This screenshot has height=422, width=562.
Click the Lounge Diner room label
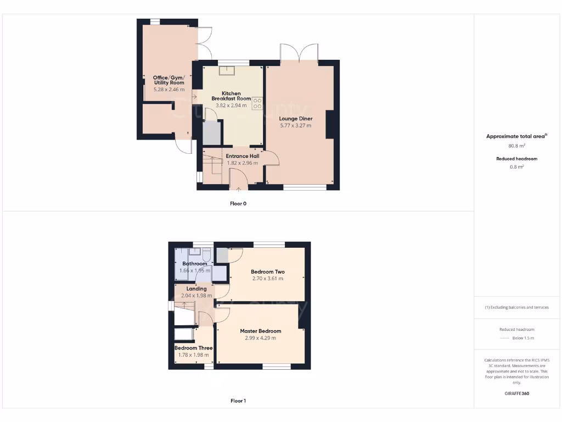click(296, 119)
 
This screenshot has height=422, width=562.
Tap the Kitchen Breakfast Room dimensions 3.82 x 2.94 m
click(231, 105)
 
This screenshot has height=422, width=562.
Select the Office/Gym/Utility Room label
click(169, 80)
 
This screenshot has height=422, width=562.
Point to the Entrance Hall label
click(243, 156)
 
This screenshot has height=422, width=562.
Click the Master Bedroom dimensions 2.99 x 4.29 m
click(260, 338)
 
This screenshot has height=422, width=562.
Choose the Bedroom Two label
click(268, 271)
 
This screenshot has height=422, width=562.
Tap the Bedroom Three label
click(193, 348)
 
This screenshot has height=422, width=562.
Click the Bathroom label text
click(195, 264)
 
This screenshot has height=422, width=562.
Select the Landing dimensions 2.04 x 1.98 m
click(196, 296)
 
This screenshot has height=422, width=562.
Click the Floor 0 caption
click(238, 203)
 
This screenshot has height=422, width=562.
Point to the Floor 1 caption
click(238, 401)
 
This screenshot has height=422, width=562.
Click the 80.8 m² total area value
click(517, 146)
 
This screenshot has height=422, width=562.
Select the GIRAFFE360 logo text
click(517, 393)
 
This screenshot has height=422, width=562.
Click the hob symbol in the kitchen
click(257, 103)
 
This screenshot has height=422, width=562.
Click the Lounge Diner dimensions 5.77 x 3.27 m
click(296, 126)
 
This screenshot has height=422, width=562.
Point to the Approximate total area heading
click(516, 136)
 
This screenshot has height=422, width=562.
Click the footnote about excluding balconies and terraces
click(517, 307)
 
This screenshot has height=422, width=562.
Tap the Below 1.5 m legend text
click(523, 338)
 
